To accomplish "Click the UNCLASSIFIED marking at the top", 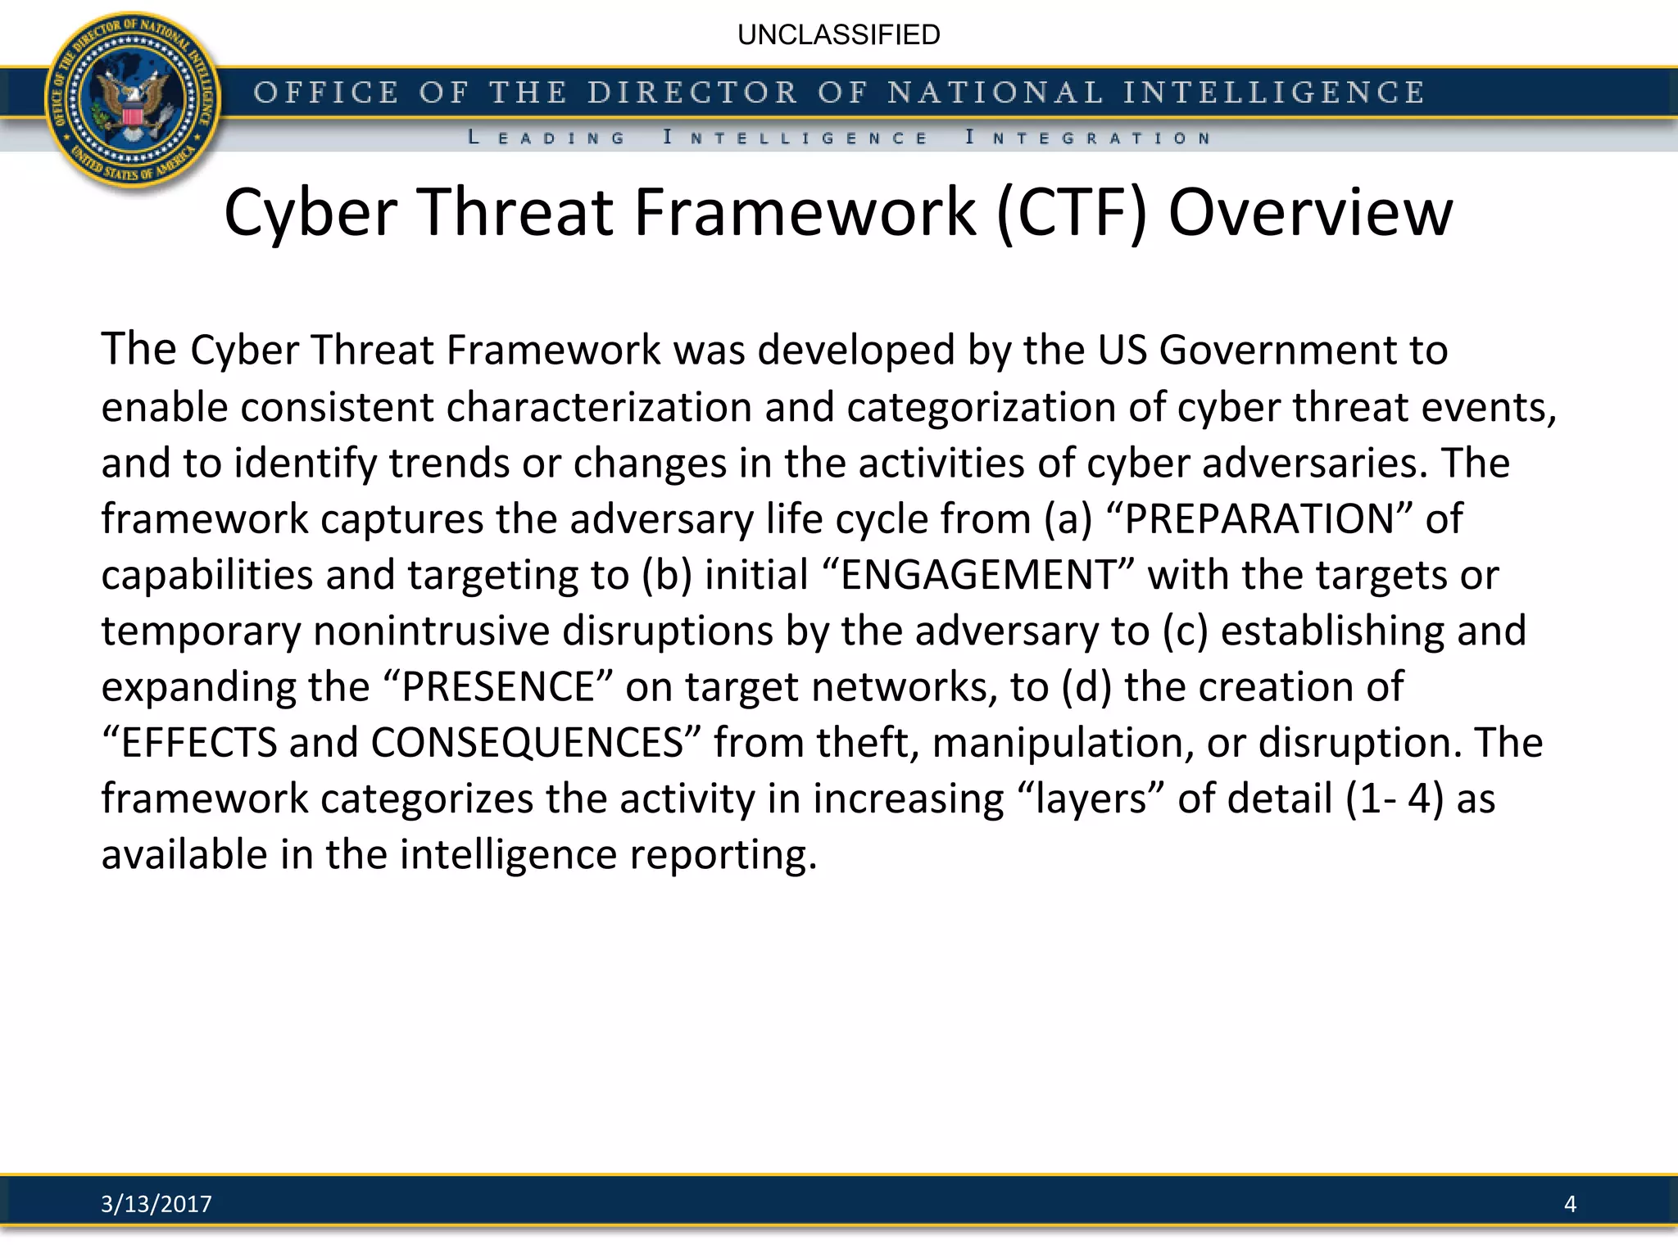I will click(838, 35).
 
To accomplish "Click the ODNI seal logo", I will click(134, 102).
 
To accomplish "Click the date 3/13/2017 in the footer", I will click(156, 1203).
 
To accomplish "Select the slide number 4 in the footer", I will click(1570, 1203).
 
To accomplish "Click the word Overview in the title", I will click(1310, 212).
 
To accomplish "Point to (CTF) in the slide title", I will click(1071, 212).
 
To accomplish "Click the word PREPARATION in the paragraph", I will click(1259, 519).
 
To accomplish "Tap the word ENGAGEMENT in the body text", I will click(978, 575).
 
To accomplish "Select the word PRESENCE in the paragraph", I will click(498, 686).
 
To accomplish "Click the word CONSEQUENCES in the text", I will click(527, 743).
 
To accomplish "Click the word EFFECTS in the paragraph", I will click(199, 743).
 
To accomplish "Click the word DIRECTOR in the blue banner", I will click(692, 93).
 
